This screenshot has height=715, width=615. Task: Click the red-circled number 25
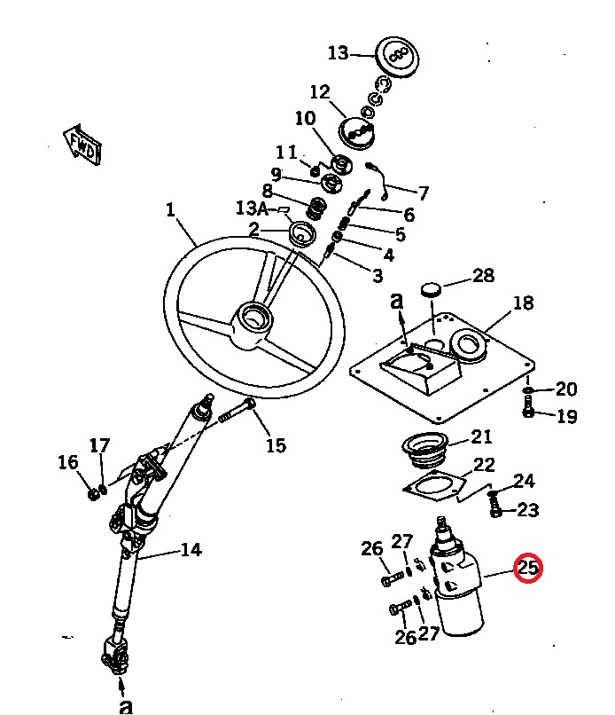pos(528,568)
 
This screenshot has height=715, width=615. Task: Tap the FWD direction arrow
pos(82,145)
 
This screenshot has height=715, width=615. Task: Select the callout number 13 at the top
pos(339,53)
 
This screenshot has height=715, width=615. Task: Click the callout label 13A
pos(251,208)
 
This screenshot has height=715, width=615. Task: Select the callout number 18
pos(523,303)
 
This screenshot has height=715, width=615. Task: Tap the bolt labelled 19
pos(528,411)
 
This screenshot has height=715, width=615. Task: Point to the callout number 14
pos(191,550)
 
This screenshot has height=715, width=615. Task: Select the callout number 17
pos(99,444)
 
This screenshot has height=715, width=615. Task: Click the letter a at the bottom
pos(126,705)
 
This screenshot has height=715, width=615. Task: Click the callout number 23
pos(528,510)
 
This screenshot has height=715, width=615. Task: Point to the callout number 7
pos(423,192)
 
